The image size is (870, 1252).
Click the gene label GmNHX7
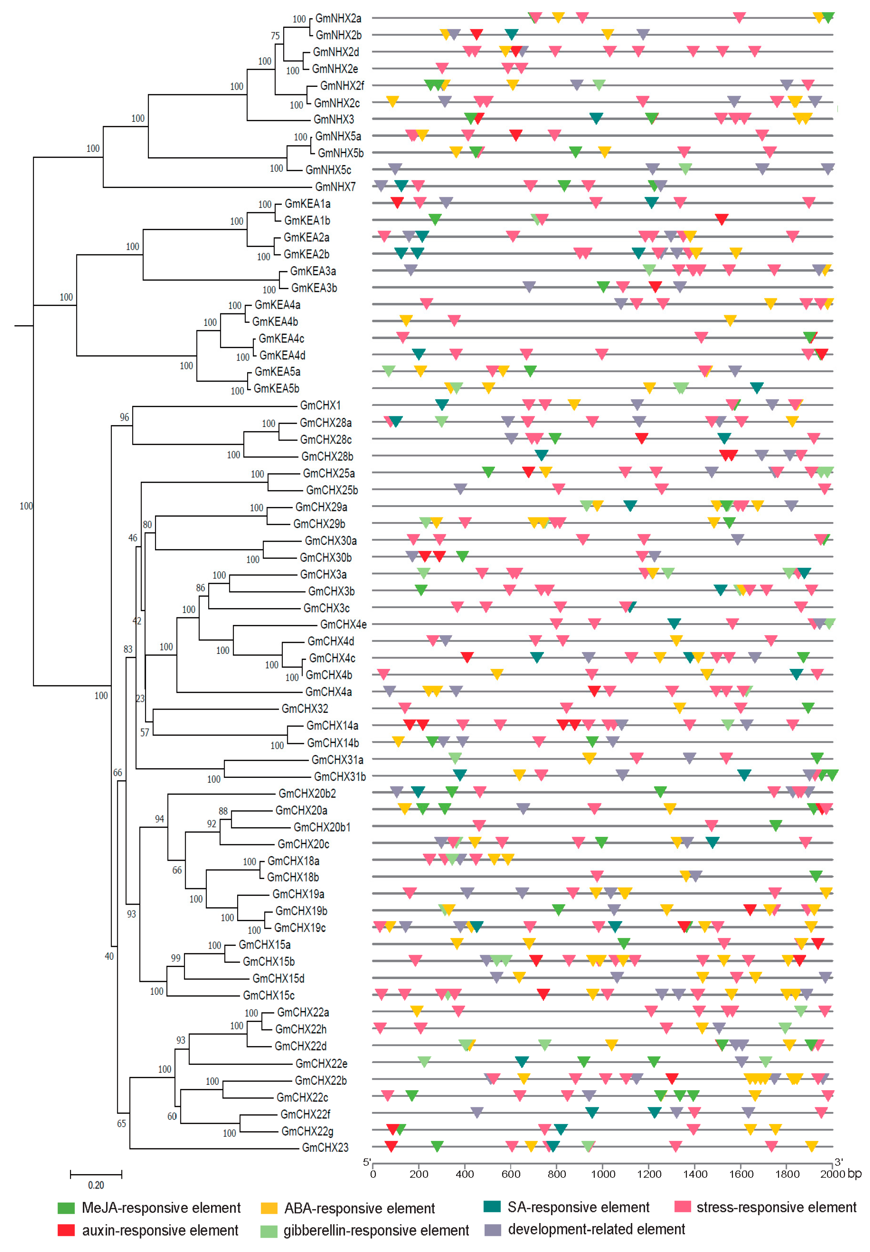[x=335, y=187]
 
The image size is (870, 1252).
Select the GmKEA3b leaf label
[x=314, y=288]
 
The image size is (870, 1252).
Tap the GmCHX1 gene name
[x=320, y=405]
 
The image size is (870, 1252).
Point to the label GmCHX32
[x=305, y=708]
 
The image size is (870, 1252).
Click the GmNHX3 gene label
[x=334, y=119]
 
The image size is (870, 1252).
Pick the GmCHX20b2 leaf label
[x=307, y=794]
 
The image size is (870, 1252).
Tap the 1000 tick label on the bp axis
[x=603, y=1174]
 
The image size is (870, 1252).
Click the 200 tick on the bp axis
[x=419, y=1174]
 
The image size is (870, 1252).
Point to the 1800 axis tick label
[x=787, y=1174]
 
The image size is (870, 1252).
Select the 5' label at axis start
[x=367, y=1162]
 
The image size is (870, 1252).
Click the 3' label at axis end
[x=838, y=1162]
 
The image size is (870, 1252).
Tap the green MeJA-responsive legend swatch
[x=66, y=1208]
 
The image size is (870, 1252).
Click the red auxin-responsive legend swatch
[x=66, y=1230]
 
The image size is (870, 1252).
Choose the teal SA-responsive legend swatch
[x=492, y=1207]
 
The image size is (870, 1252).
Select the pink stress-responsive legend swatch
[x=682, y=1207]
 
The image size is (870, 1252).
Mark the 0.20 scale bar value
[x=96, y=1185]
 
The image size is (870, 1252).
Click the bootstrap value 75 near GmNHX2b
[x=275, y=36]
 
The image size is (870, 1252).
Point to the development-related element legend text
[x=596, y=1229]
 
